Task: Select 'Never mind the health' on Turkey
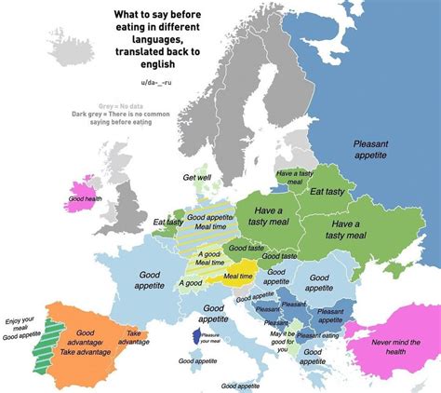[x=392, y=344]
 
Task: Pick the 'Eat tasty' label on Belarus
[x=328, y=192]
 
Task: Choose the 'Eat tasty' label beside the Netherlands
[x=168, y=222]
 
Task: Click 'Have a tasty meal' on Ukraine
[x=345, y=230]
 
